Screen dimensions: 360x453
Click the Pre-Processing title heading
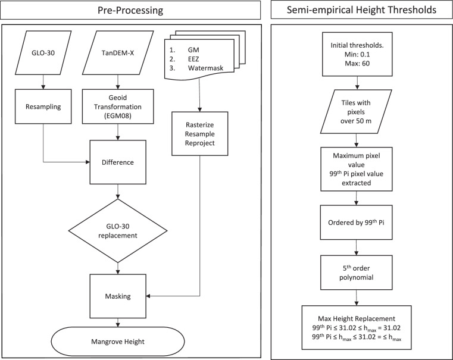click(130, 10)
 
